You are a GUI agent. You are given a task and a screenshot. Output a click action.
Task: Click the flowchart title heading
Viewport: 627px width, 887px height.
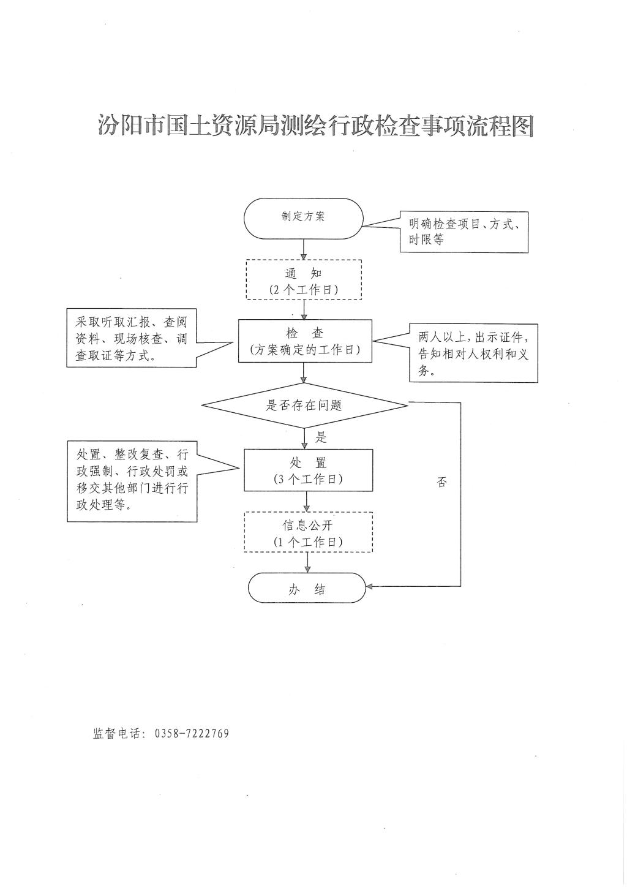[315, 125]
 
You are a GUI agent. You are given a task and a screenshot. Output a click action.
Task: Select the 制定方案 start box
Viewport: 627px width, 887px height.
[304, 218]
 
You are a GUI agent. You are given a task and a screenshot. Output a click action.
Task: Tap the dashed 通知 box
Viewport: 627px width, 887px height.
[304, 279]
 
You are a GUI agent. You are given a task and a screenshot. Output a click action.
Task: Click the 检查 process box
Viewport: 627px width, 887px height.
[305, 341]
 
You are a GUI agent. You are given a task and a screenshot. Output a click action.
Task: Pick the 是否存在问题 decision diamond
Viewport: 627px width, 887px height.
[304, 405]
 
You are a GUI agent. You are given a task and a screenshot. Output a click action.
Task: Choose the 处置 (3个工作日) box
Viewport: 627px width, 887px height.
[308, 470]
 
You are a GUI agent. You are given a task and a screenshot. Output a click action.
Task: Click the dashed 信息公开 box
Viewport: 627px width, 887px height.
[308, 532]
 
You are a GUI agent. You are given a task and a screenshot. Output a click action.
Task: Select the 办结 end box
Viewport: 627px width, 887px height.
[307, 589]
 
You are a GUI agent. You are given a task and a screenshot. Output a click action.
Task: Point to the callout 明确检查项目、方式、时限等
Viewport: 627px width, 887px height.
[464, 232]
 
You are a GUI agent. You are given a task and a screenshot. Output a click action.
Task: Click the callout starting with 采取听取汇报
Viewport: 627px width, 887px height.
[132, 339]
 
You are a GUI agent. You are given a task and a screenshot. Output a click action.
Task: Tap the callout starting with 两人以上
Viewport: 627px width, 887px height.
[473, 353]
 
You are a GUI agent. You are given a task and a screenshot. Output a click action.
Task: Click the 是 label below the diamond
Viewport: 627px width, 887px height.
[321, 437]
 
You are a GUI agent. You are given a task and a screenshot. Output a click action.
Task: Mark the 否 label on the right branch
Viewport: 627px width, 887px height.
[441, 482]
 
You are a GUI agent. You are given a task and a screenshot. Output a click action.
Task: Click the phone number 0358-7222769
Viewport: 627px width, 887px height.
[192, 733]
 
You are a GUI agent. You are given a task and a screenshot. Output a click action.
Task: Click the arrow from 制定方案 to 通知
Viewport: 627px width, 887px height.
[304, 249]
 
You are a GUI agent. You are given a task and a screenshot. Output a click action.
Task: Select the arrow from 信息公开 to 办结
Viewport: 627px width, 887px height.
[308, 562]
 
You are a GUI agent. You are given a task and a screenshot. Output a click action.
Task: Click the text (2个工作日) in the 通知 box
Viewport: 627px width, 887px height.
[304, 290]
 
